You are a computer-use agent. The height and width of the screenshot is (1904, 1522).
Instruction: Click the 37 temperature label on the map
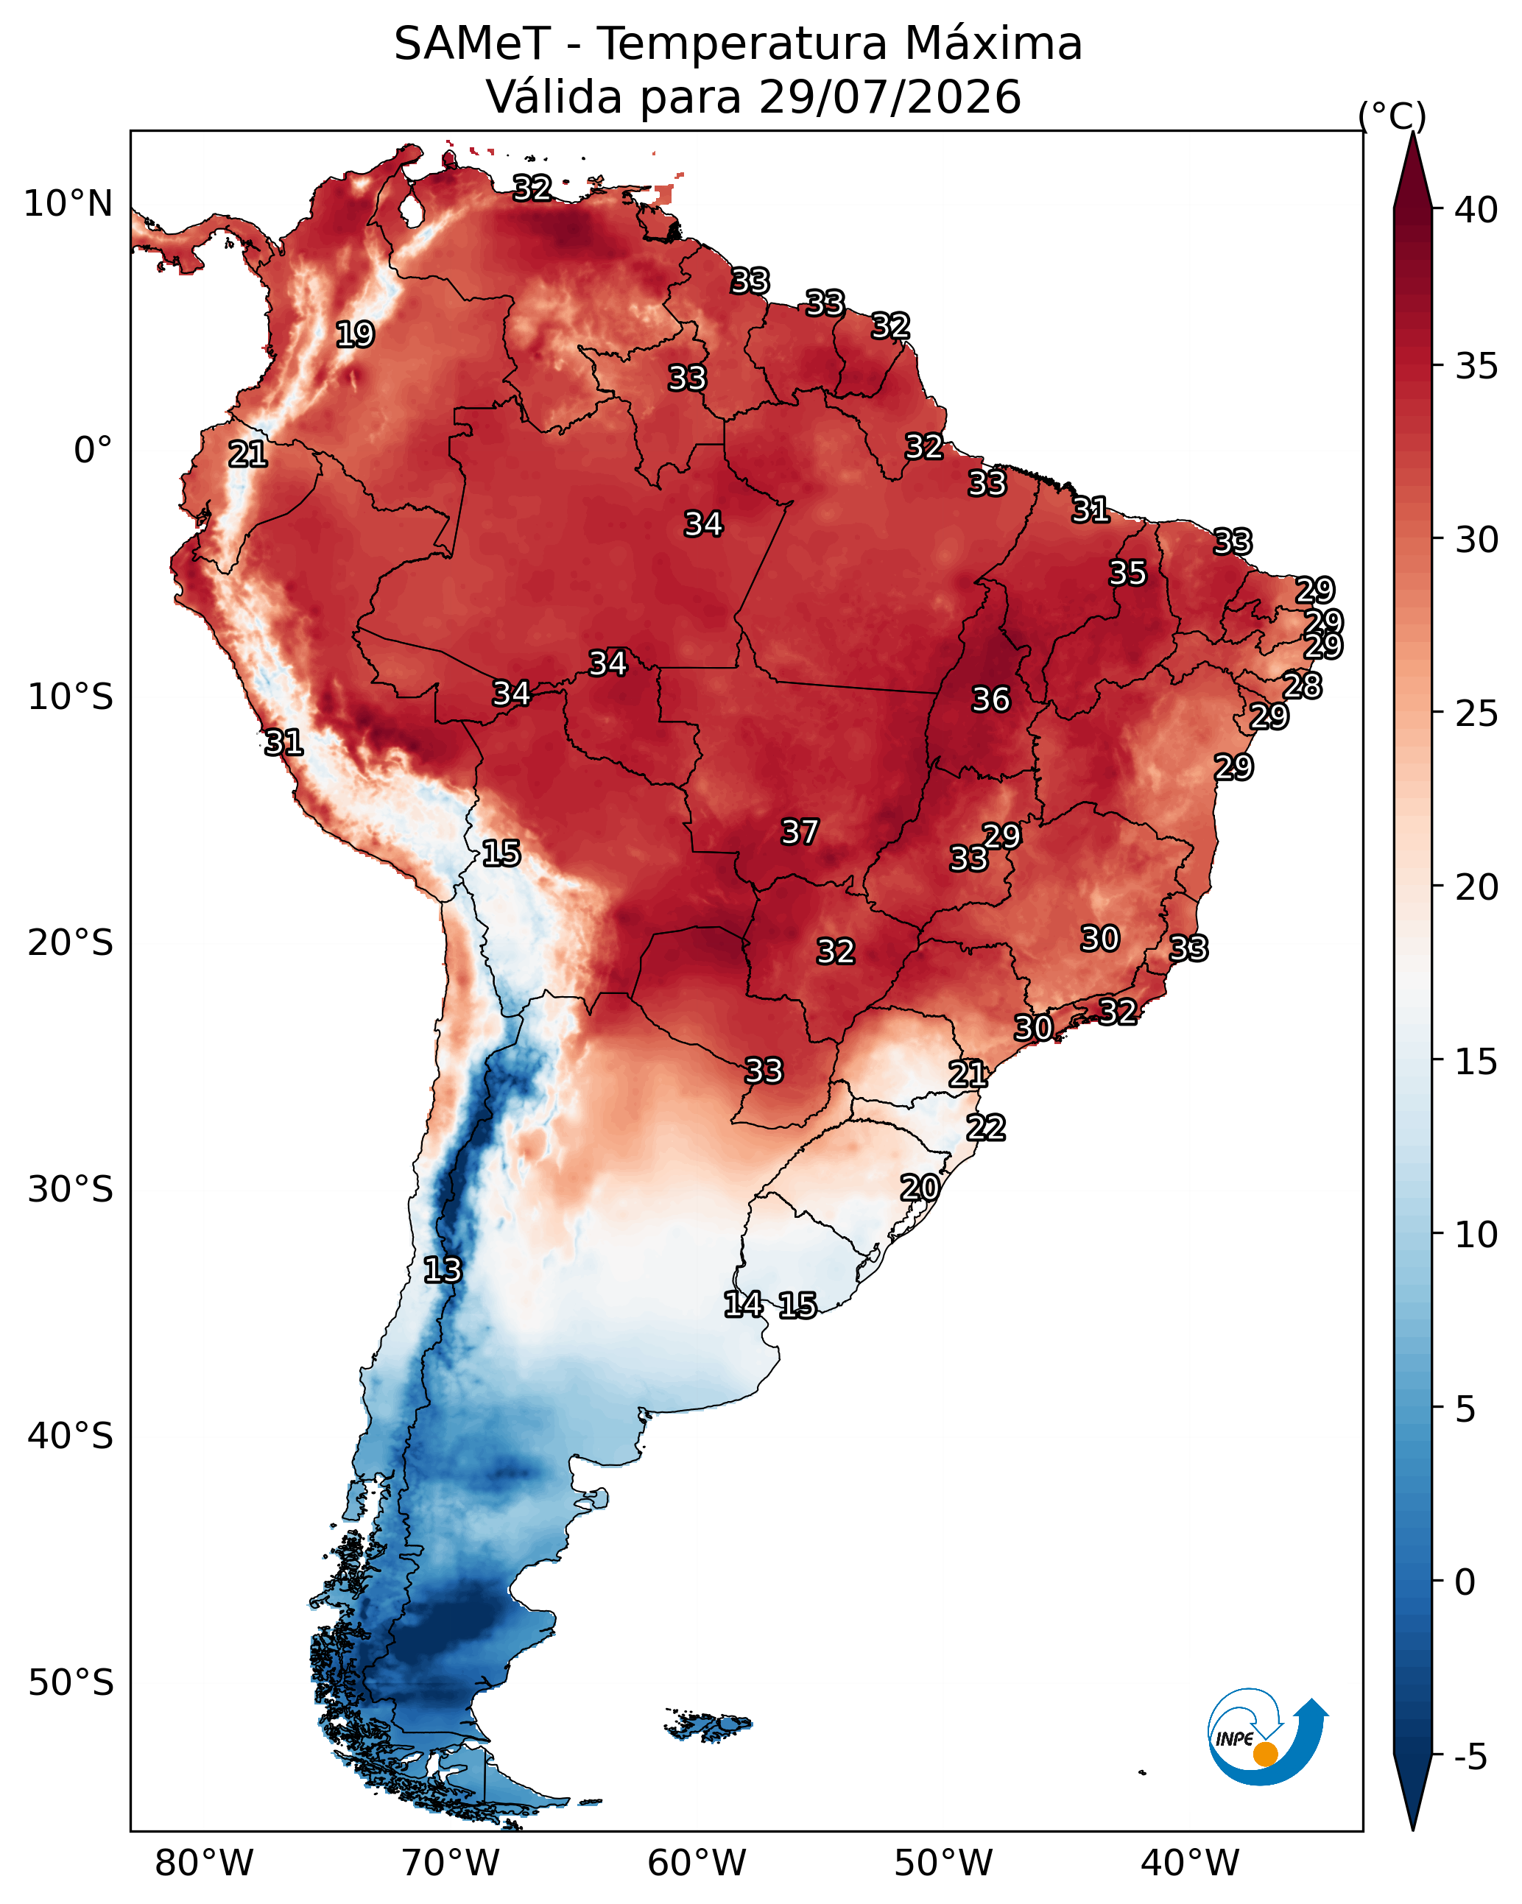pyautogui.click(x=800, y=831)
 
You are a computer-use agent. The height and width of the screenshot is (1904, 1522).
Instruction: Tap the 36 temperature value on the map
pyautogui.click(x=990, y=699)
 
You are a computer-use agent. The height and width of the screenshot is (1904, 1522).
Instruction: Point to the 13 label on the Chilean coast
pyautogui.click(x=442, y=1269)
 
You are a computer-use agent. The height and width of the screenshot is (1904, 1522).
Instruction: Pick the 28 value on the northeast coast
pyautogui.click(x=1302, y=685)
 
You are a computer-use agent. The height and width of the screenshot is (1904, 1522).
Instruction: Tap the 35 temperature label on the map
pyautogui.click(x=1127, y=572)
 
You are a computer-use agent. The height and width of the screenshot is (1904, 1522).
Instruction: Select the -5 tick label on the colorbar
pyautogui.click(x=1470, y=1757)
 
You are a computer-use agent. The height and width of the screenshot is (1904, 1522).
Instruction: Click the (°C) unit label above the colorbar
pyautogui.click(x=1392, y=116)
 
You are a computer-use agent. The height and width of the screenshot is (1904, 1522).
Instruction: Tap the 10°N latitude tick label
pyautogui.click(x=68, y=204)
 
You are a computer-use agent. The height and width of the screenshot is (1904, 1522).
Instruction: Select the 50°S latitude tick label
pyautogui.click(x=71, y=1683)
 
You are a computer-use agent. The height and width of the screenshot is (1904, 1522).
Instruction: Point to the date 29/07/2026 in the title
pyautogui.click(x=889, y=96)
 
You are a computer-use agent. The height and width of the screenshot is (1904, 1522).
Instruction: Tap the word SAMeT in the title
pyautogui.click(x=473, y=43)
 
